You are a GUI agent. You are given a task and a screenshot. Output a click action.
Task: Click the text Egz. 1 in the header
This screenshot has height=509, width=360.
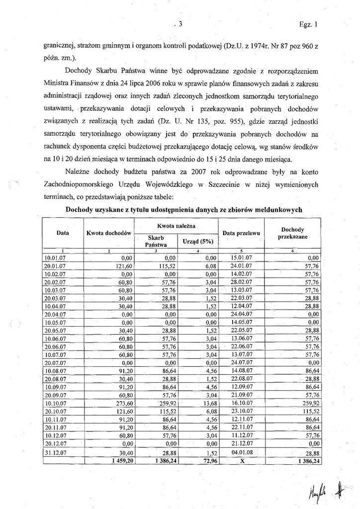pos(308,23)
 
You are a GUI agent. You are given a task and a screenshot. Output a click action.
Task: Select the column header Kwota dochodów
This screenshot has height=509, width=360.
pos(108,233)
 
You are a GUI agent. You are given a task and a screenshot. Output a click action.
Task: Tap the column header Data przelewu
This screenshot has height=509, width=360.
pos(241,233)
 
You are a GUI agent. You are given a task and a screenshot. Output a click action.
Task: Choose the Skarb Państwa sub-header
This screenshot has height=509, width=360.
pos(155,241)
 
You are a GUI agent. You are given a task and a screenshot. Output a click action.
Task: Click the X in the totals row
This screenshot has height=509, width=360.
pos(242,461)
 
